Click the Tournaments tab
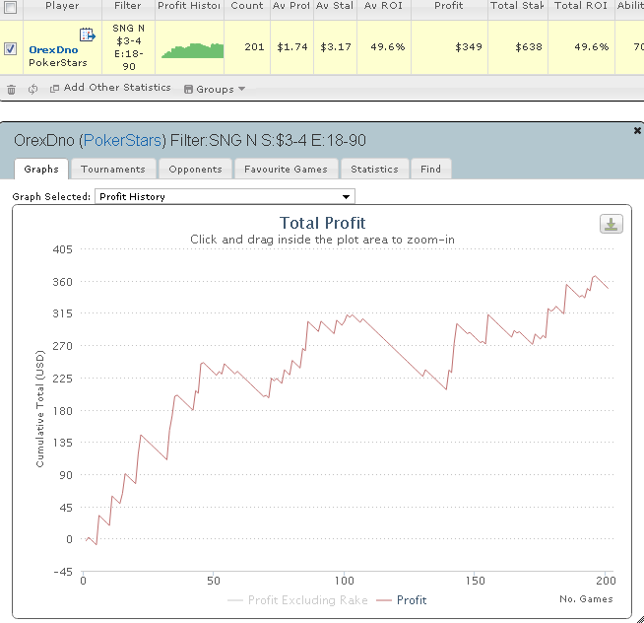pyautogui.click(x=113, y=170)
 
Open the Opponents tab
pyautogui.click(x=195, y=170)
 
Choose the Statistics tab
pyautogui.click(x=374, y=170)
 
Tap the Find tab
pyautogui.click(x=430, y=170)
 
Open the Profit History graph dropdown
pyautogui.click(x=224, y=197)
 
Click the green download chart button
pyautogui.click(x=612, y=224)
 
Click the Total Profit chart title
pyautogui.click(x=322, y=224)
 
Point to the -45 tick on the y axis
pyautogui.click(x=61, y=572)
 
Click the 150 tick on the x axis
pyautogui.click(x=475, y=579)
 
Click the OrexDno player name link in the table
pyautogui.click(x=54, y=48)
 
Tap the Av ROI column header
pyautogui.click(x=383, y=6)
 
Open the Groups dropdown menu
pyautogui.click(x=215, y=89)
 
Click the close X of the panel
pyautogui.click(x=636, y=130)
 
